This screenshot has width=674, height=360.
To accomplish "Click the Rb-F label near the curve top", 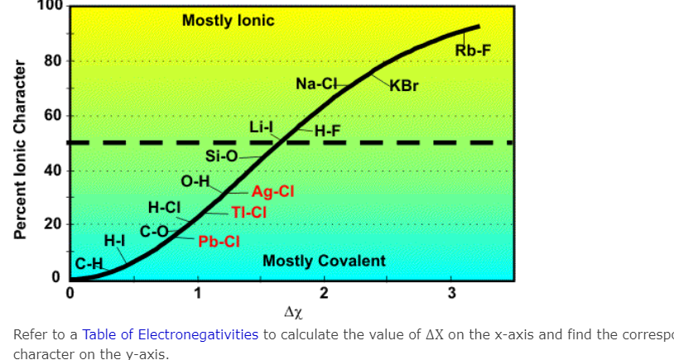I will pos(473,51).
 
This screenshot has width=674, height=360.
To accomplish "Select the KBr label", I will pos(403,85).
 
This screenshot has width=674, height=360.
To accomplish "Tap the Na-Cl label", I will pos(316,84).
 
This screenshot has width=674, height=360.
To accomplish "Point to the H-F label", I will pos(327,131).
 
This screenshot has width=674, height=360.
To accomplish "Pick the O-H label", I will pos(196,181).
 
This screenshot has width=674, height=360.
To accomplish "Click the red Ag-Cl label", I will pos(273,191).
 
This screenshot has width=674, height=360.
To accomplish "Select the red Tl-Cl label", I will pos(248,213).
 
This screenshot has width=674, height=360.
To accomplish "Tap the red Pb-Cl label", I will pos(219,242).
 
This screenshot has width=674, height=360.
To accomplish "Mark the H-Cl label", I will pos(164,207).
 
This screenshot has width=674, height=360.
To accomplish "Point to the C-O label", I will pos(154,231).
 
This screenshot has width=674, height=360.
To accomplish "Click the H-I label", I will pos(114,241).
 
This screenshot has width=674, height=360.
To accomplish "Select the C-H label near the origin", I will pos(89,265).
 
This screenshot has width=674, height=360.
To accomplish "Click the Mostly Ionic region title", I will pos(228,21).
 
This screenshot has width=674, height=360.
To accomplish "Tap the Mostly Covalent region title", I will pos(324,262).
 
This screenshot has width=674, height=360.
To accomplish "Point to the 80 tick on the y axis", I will pos(51,61).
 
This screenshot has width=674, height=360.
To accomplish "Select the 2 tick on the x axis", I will pos(324,293).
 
